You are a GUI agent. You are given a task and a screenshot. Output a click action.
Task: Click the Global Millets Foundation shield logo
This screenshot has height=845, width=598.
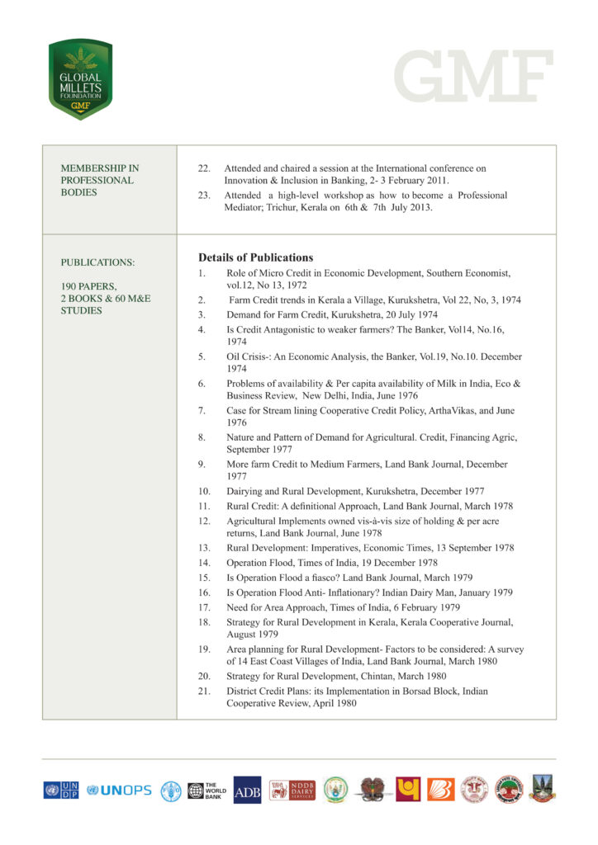(80, 79)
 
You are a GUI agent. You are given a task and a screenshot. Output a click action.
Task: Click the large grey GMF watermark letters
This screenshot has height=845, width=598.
(473, 76)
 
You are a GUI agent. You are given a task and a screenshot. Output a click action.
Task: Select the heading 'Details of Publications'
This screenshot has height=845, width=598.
(255, 257)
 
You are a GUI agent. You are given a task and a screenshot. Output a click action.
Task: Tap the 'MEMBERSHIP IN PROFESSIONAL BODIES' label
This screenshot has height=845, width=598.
(97, 180)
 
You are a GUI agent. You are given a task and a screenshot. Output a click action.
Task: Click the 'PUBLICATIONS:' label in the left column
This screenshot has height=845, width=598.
(97, 262)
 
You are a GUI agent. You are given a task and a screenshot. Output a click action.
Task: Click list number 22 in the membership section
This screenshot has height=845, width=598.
(204, 168)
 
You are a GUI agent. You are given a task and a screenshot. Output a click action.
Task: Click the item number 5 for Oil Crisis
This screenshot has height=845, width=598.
(202, 357)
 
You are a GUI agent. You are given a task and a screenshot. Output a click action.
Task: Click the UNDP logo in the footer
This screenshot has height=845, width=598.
(61, 790)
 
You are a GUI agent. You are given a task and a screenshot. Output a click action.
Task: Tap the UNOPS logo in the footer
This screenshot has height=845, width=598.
(119, 790)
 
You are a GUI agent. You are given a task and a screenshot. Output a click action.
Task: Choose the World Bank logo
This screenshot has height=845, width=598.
(205, 790)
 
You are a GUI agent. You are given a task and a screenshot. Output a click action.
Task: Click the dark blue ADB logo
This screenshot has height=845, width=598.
(247, 790)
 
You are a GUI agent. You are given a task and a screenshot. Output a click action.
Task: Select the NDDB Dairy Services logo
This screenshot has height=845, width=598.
(292, 790)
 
